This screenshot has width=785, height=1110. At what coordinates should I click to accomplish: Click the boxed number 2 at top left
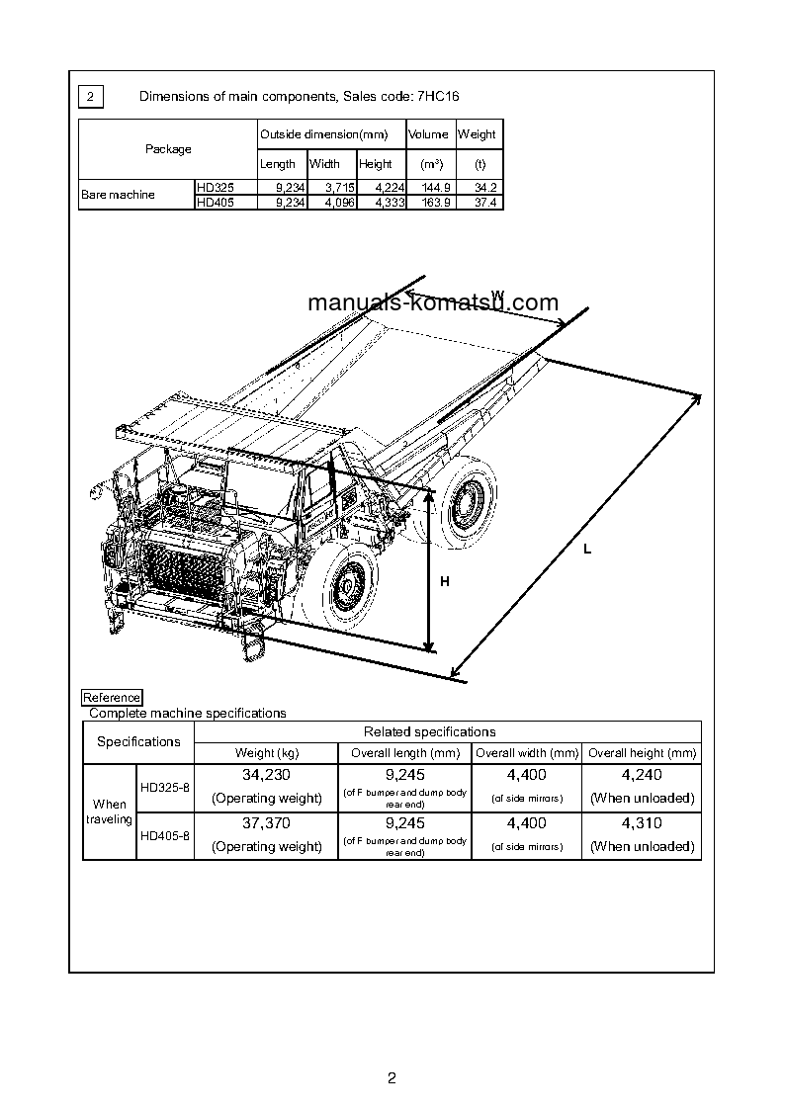[90, 96]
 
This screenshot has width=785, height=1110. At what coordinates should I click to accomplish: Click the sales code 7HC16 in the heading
[437, 96]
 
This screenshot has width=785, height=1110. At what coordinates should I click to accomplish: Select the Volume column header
[428, 134]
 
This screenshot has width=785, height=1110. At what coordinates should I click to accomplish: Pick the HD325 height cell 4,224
[383, 187]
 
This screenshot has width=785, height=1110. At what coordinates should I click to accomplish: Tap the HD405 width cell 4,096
[333, 202]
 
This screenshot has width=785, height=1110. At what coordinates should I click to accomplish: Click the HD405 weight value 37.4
[485, 202]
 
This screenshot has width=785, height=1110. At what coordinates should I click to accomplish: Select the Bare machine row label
[118, 195]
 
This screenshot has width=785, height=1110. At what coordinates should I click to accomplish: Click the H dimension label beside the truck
[445, 582]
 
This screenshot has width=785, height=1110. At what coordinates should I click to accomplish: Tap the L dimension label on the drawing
[587, 550]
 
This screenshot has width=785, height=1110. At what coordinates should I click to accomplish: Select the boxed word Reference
[112, 698]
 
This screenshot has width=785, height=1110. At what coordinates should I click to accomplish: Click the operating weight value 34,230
[266, 776]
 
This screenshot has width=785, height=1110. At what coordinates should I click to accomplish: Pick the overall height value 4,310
[642, 823]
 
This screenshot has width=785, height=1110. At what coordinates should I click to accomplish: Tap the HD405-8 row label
[164, 835]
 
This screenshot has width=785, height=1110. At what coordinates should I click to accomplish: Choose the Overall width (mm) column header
[527, 753]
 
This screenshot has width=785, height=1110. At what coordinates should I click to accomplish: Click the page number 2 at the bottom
[392, 1078]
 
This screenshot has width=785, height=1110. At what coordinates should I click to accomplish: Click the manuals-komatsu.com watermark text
[433, 303]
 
